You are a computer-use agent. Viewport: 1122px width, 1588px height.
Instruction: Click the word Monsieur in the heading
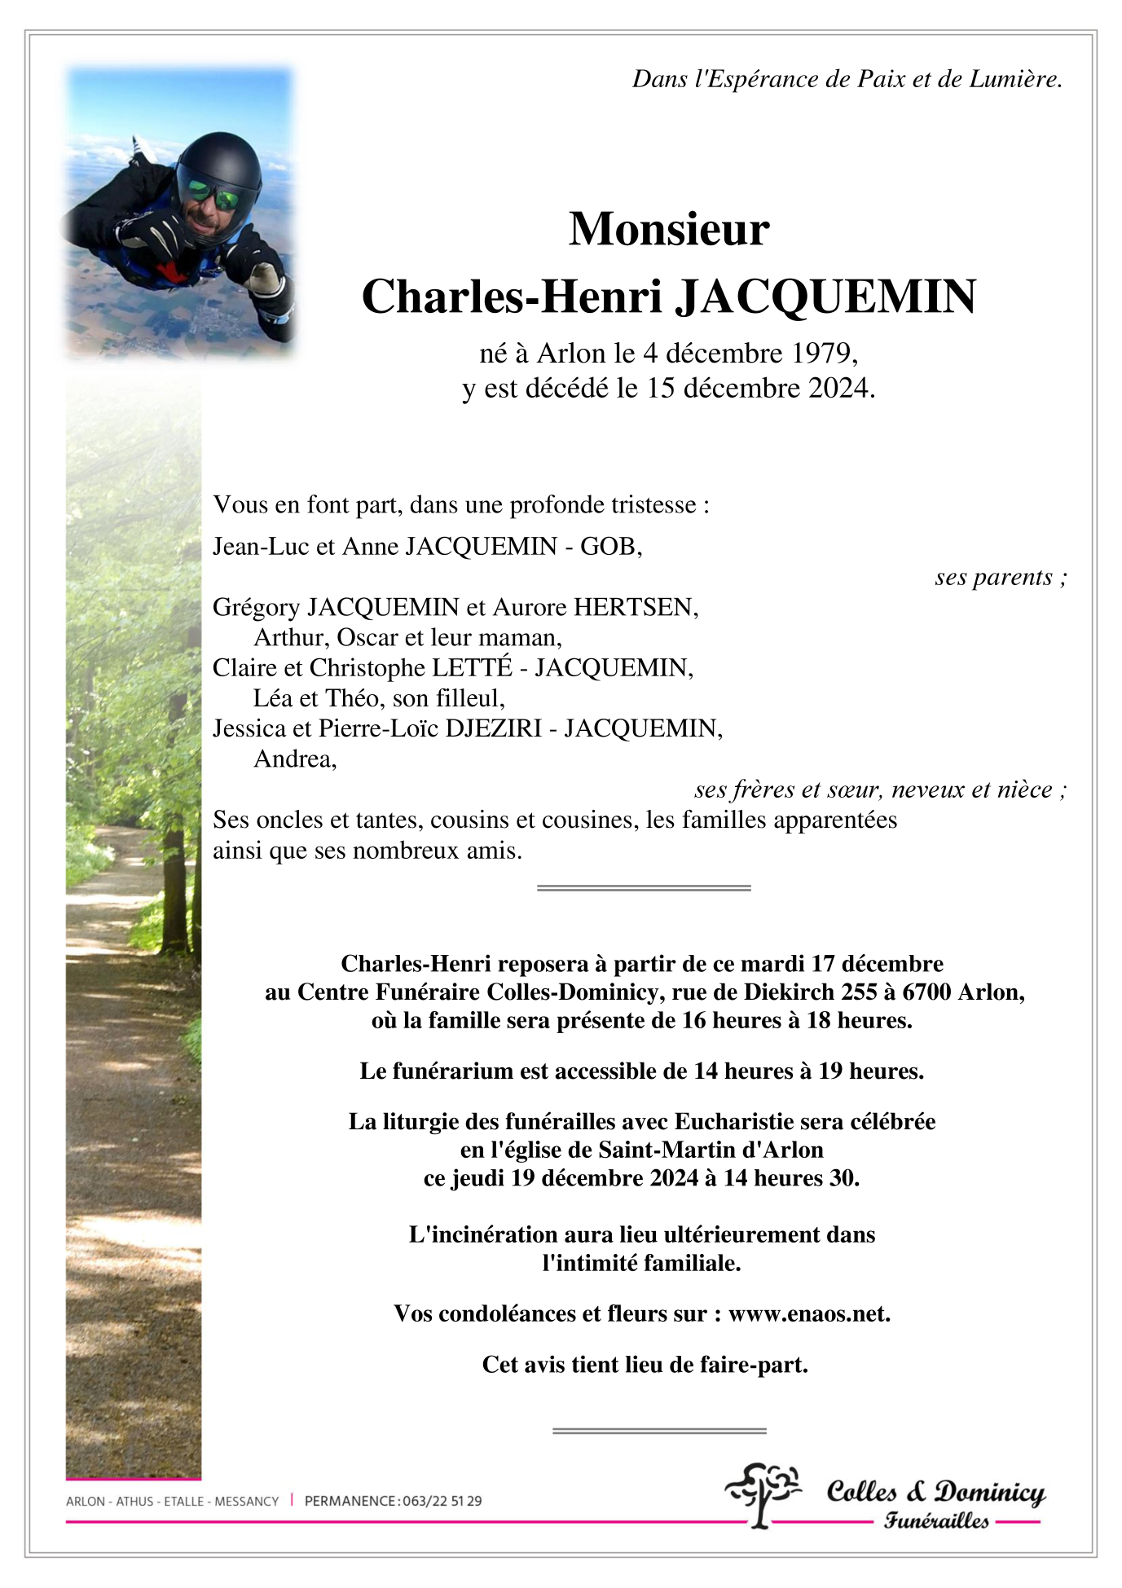coord(668,229)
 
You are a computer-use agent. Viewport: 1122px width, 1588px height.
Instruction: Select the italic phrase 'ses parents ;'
coord(1001,577)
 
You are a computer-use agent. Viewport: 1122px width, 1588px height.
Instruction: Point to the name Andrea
coord(293,759)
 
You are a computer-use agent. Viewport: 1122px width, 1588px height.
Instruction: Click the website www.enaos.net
coord(807,1313)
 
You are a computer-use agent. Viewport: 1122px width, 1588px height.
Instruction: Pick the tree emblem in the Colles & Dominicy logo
coord(763,1493)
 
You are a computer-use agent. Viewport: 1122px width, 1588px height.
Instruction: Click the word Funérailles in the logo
coord(937,1520)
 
